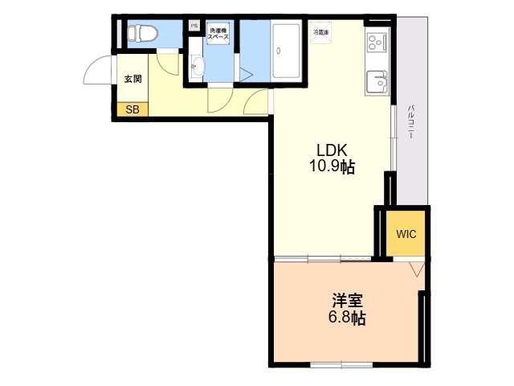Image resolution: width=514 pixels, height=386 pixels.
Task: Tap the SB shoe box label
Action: [x=132, y=110]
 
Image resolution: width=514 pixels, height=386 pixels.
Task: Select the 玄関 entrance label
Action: [x=133, y=79]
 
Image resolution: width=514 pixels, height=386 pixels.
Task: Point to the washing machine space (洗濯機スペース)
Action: [x=218, y=35]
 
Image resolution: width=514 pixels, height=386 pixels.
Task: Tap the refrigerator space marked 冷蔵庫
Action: [x=320, y=32]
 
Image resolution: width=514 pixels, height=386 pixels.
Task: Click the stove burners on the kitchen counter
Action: [x=376, y=42]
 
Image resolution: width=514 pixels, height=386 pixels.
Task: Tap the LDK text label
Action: [x=330, y=150]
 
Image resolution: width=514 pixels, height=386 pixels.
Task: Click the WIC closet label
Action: [x=405, y=234]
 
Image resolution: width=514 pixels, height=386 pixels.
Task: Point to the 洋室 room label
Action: [x=347, y=302]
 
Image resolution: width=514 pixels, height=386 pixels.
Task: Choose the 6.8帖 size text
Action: [x=347, y=318]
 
